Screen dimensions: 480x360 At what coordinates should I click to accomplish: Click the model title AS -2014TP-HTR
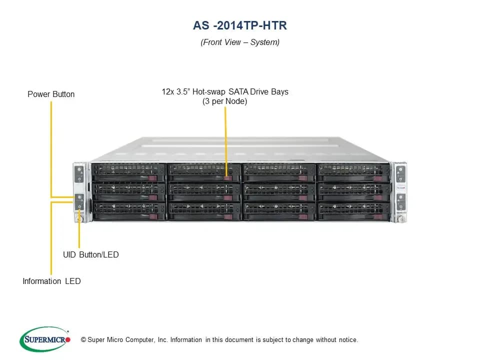pyautogui.click(x=240, y=25)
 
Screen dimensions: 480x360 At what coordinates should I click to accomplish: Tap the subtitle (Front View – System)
pyautogui.click(x=240, y=42)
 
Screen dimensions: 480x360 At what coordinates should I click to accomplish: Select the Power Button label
pyautogui.click(x=51, y=94)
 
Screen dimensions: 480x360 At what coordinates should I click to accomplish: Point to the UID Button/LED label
pyautogui.click(x=91, y=254)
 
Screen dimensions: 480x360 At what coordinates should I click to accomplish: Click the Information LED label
pyautogui.click(x=51, y=281)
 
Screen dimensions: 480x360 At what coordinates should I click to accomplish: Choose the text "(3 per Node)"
pyautogui.click(x=224, y=101)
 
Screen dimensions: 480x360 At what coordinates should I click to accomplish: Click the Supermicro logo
pyautogui.click(x=45, y=339)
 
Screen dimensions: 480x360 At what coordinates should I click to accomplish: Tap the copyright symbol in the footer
pyautogui.click(x=83, y=339)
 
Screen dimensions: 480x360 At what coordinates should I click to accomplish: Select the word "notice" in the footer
pyautogui.click(x=348, y=340)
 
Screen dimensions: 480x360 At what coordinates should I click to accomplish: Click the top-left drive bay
pyautogui.click(x=128, y=172)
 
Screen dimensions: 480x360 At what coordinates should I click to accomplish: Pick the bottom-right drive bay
pyautogui.click(x=354, y=211)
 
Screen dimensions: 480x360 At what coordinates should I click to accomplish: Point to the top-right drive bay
pyautogui.click(x=354, y=173)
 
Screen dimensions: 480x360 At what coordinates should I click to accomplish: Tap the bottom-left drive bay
pyautogui.click(x=129, y=211)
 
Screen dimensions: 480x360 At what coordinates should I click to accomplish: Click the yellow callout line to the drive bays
pyautogui.click(x=225, y=141)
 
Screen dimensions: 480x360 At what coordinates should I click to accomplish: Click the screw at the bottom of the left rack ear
pyautogui.click(x=80, y=219)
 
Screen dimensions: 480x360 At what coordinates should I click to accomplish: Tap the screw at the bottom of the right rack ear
pyautogui.click(x=400, y=219)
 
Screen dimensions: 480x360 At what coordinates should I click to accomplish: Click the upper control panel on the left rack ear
pyautogui.click(x=79, y=174)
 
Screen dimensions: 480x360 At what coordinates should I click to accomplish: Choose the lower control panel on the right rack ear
pyautogui.click(x=400, y=201)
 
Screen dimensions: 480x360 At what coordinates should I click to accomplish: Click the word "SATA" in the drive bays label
pyautogui.click(x=238, y=92)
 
